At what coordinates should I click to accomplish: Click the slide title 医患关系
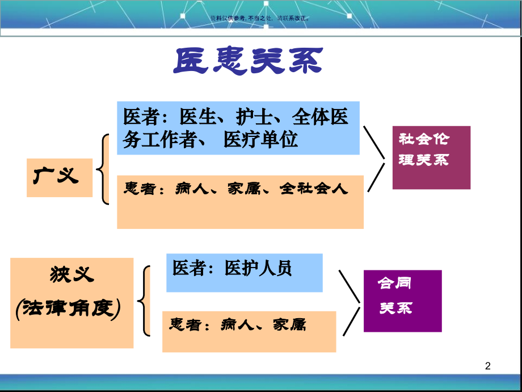248,61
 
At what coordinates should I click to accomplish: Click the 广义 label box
59,177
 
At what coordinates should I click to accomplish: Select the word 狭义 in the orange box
72,276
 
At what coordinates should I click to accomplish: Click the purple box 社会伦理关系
431,157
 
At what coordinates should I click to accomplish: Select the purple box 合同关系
402,301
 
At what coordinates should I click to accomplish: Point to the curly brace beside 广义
103,169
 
